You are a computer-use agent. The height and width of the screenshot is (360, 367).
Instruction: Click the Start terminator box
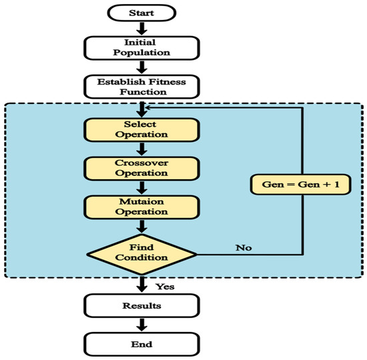141,12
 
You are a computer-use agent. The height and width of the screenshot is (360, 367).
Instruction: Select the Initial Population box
141,47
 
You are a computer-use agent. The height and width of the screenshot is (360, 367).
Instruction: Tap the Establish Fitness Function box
141,85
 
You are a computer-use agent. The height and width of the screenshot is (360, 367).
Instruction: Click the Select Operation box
141,129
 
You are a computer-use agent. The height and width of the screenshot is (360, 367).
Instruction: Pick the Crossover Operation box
141,167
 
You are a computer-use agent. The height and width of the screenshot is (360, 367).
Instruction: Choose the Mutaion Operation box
141,206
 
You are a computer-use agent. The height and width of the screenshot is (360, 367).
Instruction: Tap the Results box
141,305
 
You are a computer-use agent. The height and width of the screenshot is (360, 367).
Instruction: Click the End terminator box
141,344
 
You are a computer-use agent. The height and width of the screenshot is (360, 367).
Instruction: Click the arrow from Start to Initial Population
141,27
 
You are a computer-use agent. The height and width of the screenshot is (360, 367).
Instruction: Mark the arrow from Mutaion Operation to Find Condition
141,226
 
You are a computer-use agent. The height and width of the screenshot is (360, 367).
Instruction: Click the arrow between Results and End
141,325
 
